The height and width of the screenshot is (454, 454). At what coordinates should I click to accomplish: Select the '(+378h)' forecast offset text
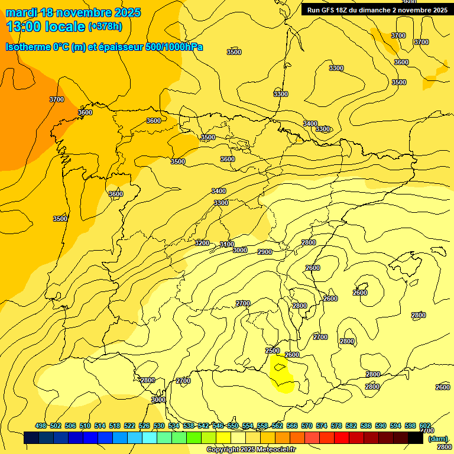tap(105, 26)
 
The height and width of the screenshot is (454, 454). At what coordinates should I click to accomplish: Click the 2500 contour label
tap(272, 351)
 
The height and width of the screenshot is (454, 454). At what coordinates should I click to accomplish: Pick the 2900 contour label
tap(265, 252)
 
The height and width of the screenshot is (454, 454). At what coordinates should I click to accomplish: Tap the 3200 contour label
tap(202, 243)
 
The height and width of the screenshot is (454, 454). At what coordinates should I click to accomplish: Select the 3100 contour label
tap(227, 244)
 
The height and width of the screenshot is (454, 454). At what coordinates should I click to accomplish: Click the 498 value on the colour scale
tap(41, 426)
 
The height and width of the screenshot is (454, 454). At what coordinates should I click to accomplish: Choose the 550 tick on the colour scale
tap(233, 426)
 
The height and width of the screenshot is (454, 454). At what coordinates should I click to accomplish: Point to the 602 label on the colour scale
tap(425, 426)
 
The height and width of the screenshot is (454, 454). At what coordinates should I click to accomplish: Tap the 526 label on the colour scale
tap(144, 426)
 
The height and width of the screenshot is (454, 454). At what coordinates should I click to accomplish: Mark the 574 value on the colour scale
tap(322, 426)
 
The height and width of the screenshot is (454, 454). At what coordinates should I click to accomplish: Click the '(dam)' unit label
tap(437, 439)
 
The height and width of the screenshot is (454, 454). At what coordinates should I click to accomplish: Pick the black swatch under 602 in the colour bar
tap(416, 438)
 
